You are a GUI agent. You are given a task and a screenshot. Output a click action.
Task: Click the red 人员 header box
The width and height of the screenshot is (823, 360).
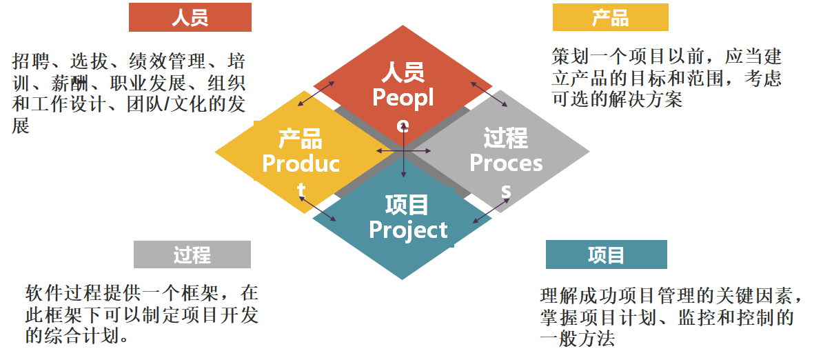pyautogui.click(x=190, y=18)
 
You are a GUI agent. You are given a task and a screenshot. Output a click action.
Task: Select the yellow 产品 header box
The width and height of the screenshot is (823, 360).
pyautogui.click(x=610, y=18)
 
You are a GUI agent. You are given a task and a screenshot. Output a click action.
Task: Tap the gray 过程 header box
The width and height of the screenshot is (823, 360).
pyautogui.click(x=192, y=254)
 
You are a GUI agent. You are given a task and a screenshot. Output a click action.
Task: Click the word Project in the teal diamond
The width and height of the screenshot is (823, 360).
pyautogui.click(x=408, y=230)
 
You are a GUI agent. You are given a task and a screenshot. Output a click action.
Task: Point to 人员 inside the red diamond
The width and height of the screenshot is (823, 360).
pyautogui.click(x=403, y=72)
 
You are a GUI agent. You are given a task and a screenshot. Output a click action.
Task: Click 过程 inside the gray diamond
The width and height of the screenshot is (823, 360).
pyautogui.click(x=505, y=138)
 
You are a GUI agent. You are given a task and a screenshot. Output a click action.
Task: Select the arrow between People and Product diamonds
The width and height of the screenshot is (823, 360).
pyautogui.click(x=316, y=94)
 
